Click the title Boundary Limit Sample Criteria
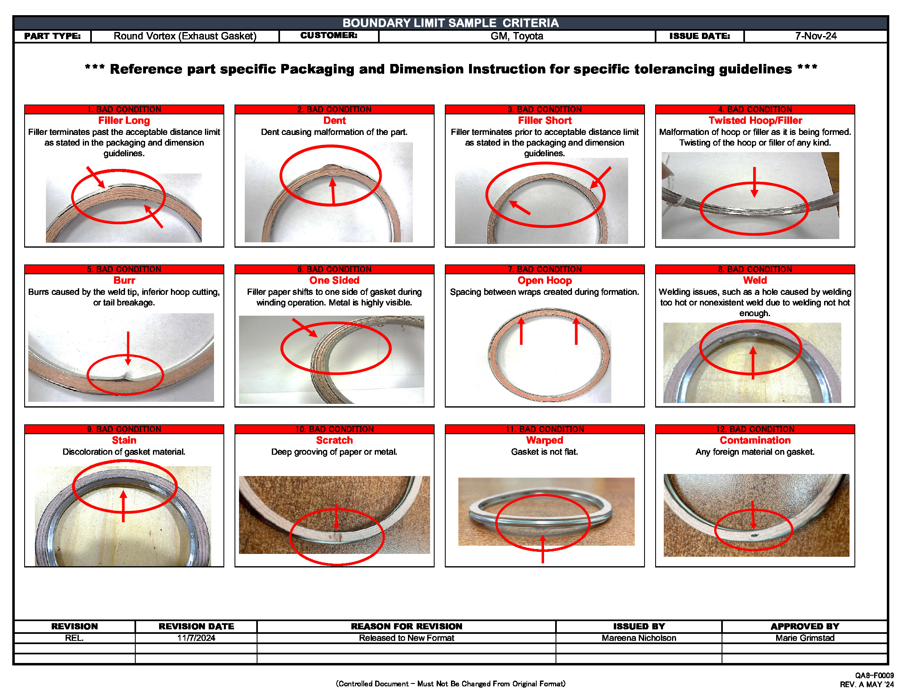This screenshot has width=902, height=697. click(x=450, y=23)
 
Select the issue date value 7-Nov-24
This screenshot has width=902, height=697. click(x=815, y=36)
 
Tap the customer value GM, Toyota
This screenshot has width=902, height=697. click(x=516, y=36)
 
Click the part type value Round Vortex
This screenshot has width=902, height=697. click(x=184, y=36)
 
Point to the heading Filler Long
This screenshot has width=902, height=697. click(x=124, y=121)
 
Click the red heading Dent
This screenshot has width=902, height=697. click(x=334, y=121)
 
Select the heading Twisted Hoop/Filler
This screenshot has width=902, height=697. click(x=755, y=121)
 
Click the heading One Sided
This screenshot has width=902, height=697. click(x=334, y=280)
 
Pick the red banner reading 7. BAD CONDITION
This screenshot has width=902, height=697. click(x=544, y=269)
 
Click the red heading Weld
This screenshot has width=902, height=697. click(x=754, y=280)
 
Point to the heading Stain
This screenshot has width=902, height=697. click(x=124, y=440)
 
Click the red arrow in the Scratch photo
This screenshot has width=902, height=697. click(x=336, y=516)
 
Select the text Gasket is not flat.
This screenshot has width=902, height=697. click(x=544, y=452)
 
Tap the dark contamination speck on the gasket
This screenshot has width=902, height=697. click(x=754, y=535)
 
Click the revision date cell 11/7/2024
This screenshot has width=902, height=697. click(x=196, y=638)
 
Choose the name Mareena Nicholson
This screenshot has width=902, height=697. click(x=638, y=638)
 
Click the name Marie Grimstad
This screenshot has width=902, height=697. click(x=804, y=638)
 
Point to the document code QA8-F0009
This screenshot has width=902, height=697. click(x=874, y=676)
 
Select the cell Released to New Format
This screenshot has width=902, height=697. click(x=406, y=638)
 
